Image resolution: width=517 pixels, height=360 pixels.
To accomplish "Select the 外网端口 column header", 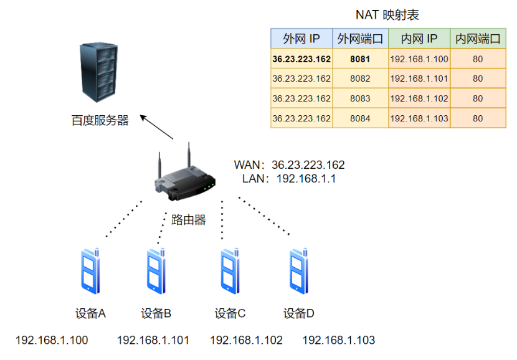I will tap(360, 39).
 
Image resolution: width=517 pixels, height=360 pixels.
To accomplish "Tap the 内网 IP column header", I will tap(419, 39).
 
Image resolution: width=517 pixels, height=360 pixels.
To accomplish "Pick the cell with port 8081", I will tap(360, 59).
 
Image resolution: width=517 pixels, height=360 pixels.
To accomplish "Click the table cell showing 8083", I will tap(360, 98).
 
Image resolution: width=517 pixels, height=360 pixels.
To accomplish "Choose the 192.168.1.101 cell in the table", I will tap(419, 79).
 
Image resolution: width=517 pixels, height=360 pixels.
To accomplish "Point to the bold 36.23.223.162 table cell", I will tap(301, 59).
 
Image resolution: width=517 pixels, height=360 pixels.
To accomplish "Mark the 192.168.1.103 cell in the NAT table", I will tap(419, 118).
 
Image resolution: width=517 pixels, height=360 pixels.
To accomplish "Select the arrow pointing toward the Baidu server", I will tap(156, 127).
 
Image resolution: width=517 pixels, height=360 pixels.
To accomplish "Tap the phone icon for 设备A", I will tap(91, 271).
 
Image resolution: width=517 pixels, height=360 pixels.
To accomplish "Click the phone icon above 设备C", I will tap(231, 271).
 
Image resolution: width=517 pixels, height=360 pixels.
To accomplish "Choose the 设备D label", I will tap(299, 313).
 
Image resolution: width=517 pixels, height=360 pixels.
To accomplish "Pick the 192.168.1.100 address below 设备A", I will tap(52, 340).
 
